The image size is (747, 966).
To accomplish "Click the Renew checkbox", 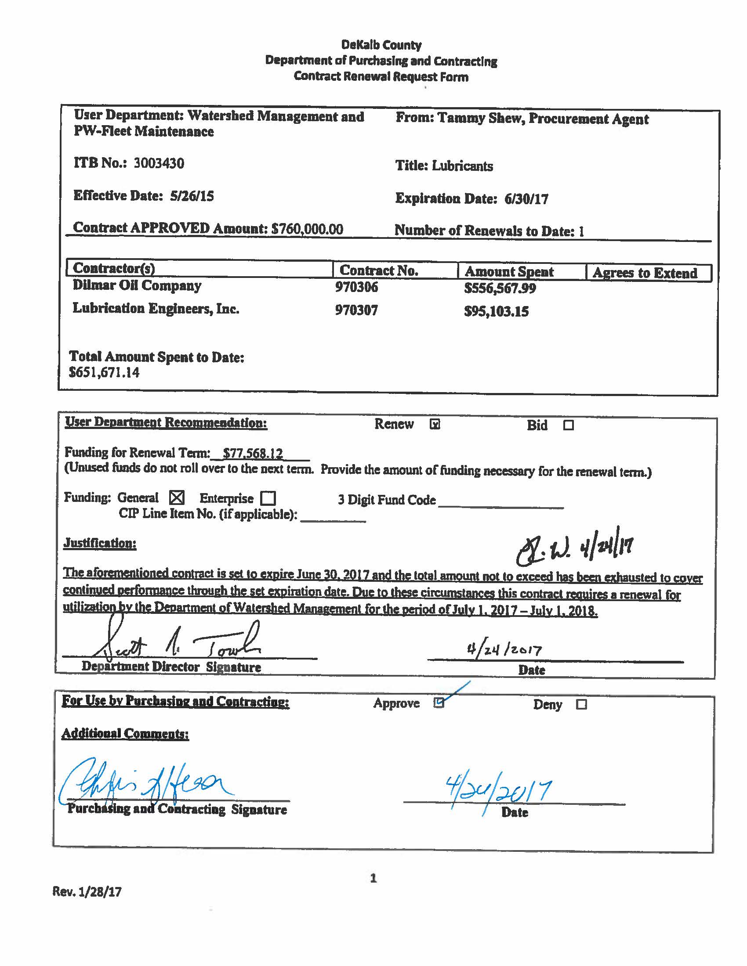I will point(435,424).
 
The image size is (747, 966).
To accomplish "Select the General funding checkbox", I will point(177,497).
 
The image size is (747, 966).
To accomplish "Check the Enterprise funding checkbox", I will point(268,498).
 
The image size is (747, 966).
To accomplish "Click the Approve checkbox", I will point(439,703).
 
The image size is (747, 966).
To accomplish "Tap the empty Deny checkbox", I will point(581,705).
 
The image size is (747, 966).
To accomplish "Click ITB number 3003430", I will point(159,163).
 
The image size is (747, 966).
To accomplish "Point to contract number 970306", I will point(356,287).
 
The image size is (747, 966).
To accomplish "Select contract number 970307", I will point(356,310).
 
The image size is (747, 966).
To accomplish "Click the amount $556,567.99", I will point(500,288).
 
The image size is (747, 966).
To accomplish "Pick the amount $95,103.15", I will point(496,311).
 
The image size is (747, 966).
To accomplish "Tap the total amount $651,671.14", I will point(104,372).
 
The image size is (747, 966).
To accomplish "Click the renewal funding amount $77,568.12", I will point(253,454).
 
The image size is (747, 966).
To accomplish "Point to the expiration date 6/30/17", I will point(526,199).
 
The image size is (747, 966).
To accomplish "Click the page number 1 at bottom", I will point(373,878).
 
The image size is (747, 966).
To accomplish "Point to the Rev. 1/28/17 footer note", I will point(87,891).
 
